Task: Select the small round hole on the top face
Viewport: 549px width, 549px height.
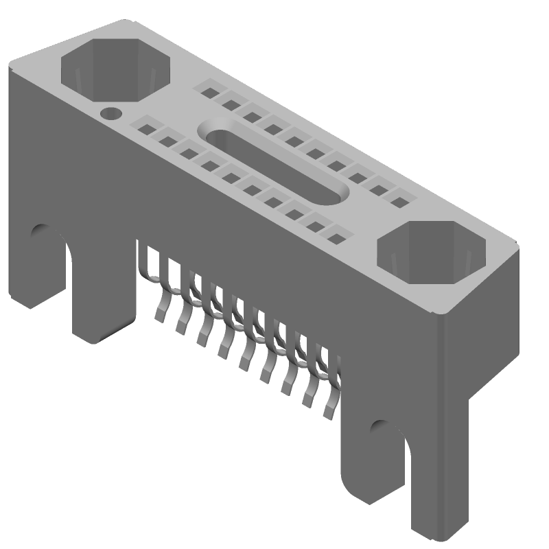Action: [110, 113]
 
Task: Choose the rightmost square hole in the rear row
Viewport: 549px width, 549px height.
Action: [398, 200]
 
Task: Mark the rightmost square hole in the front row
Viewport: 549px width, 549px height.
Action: [336, 239]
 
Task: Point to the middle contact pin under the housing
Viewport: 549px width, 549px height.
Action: [245, 360]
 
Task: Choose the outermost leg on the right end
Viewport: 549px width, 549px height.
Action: [439, 494]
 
